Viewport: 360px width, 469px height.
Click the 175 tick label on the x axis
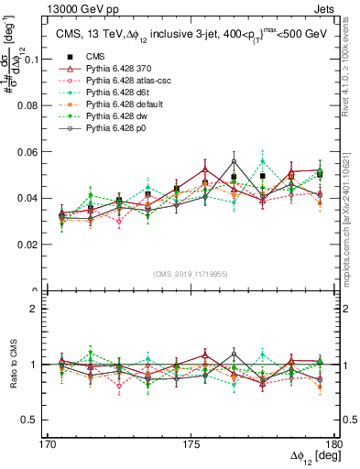[191, 442]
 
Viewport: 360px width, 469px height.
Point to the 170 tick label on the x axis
[51, 442]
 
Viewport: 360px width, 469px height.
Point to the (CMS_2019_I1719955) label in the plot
[191, 273]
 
